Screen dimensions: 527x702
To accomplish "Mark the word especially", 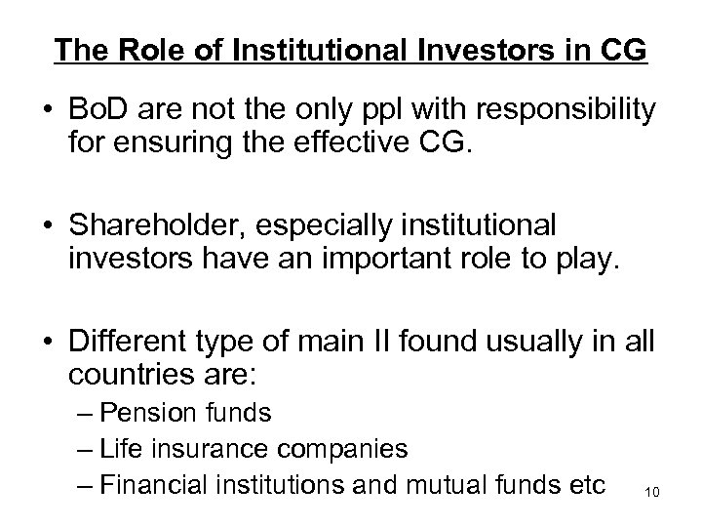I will [x=327, y=225].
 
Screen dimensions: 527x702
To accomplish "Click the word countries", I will [x=124, y=374].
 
